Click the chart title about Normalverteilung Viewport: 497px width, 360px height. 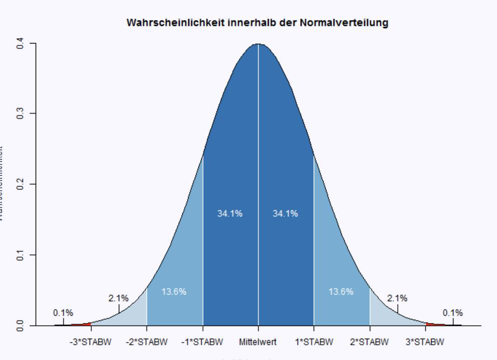(x=257, y=23)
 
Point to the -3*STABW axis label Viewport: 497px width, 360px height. (x=91, y=342)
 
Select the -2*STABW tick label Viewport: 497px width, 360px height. (x=147, y=342)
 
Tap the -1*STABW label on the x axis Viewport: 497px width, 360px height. (x=202, y=342)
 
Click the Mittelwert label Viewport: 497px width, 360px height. (x=258, y=342)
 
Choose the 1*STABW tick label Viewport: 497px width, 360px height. (x=314, y=342)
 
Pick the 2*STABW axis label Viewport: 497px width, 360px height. (x=370, y=342)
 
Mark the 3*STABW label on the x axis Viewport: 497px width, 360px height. (x=425, y=342)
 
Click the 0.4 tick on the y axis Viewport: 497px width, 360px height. (x=20, y=44)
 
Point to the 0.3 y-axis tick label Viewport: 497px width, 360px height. (x=20, y=114)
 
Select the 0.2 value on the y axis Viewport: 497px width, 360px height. (x=20, y=184)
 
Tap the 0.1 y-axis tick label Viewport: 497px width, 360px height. (x=20, y=255)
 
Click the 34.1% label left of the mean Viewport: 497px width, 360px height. (x=230, y=214)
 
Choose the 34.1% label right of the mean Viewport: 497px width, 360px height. (x=286, y=214)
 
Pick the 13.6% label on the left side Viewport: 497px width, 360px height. (x=174, y=292)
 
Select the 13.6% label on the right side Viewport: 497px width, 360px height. (x=341, y=292)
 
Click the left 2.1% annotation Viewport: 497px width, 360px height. (x=118, y=298)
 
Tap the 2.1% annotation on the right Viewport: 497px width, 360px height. (x=397, y=298)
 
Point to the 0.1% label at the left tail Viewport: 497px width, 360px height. (x=63, y=313)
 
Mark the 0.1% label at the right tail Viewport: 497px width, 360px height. (x=453, y=313)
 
